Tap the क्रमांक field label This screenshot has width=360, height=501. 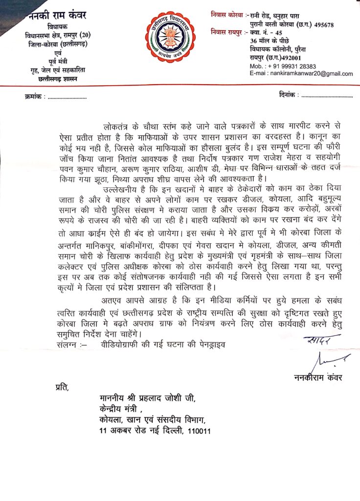click(34, 97)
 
